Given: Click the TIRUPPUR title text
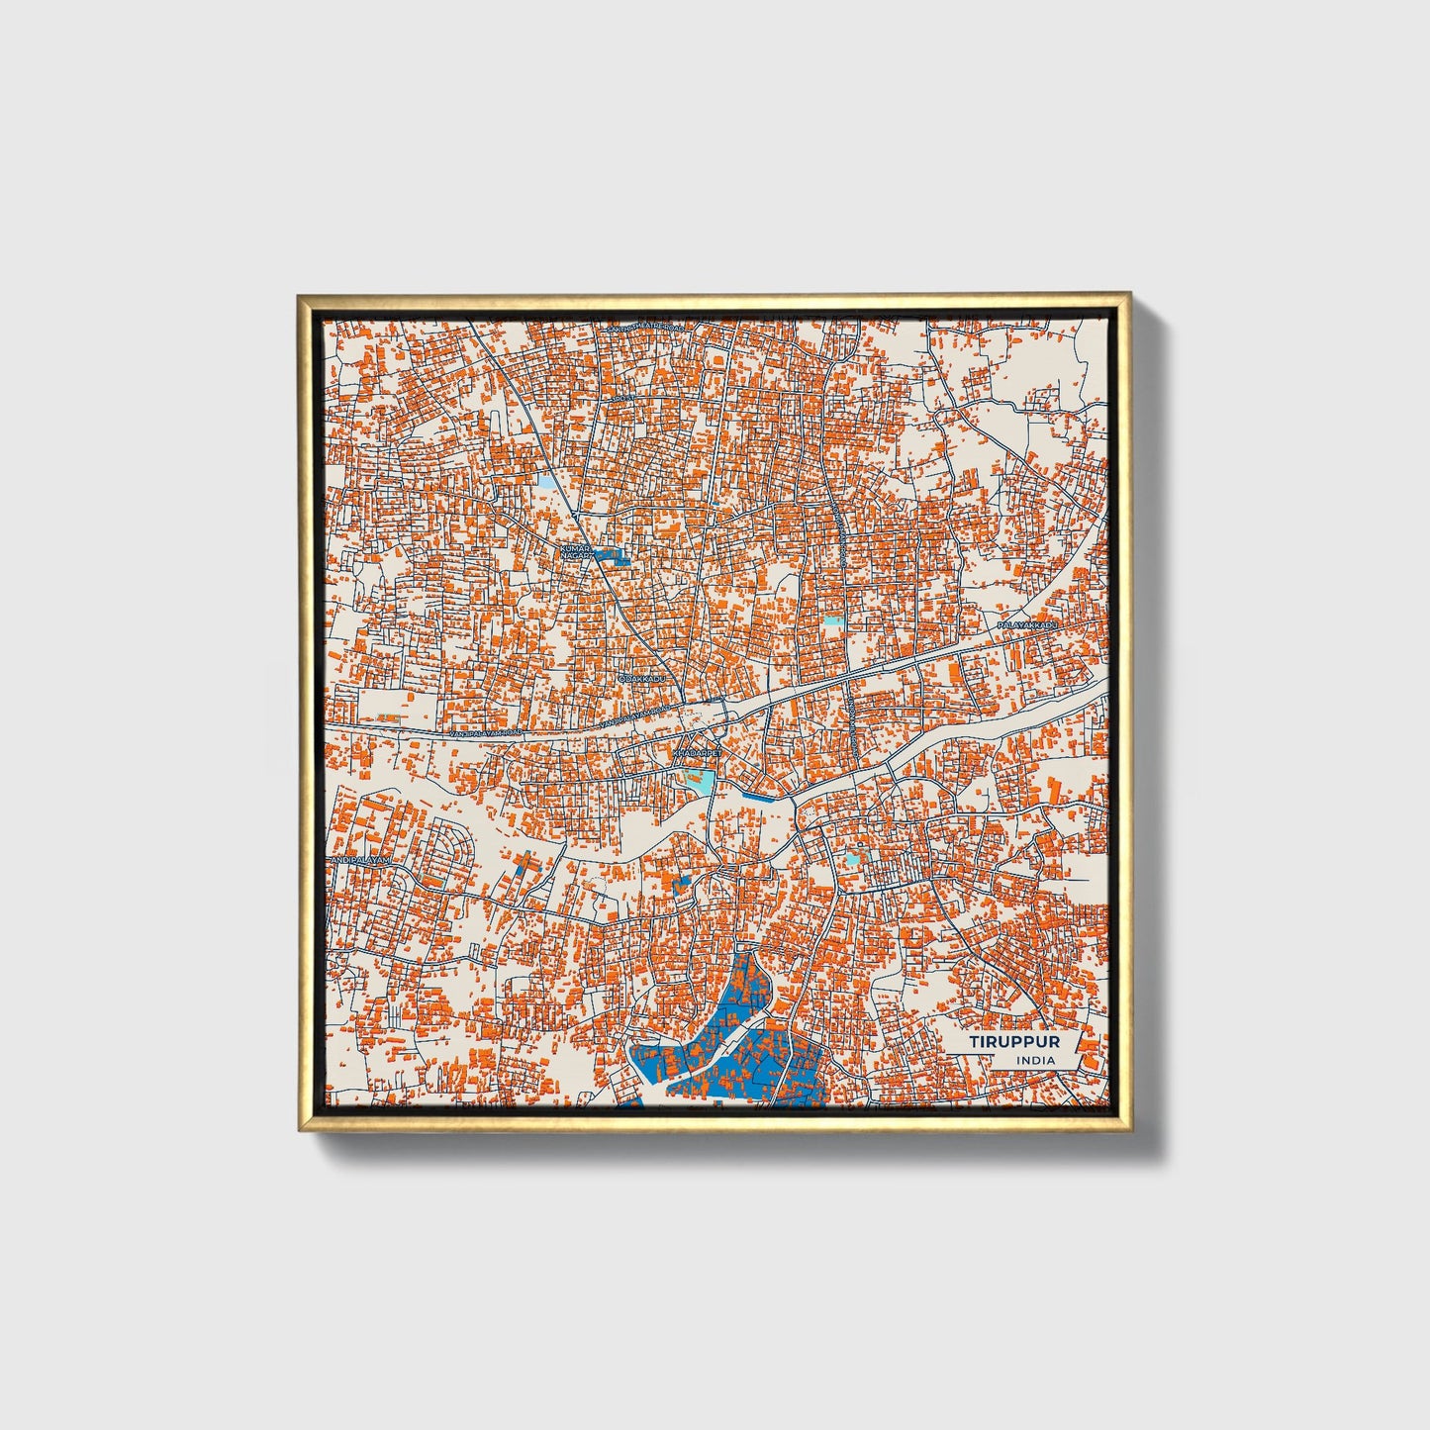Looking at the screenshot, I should point(1014,1042).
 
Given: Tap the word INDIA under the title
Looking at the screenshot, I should point(1035,1061).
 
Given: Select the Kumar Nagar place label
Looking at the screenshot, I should point(575,552).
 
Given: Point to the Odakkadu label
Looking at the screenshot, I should point(642,680).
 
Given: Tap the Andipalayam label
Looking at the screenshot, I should point(361,862).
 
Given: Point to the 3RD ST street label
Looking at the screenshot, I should point(622,399).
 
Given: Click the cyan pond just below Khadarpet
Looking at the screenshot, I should point(701,782).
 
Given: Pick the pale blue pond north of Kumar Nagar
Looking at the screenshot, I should point(546,484).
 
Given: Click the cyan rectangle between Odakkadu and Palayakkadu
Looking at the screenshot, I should point(834,622).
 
